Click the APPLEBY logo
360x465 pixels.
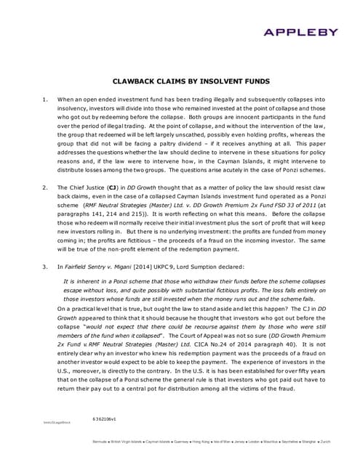point(310,31)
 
